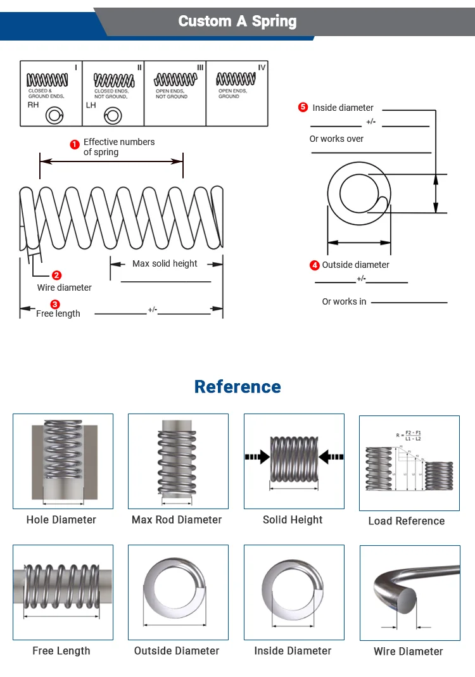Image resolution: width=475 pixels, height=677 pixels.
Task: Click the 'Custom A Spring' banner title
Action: (237, 21)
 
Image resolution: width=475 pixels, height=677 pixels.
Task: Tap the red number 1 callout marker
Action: (75, 144)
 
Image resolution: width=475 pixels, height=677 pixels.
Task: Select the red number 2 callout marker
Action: (57, 275)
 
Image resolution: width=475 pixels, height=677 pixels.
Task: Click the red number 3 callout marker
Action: (55, 305)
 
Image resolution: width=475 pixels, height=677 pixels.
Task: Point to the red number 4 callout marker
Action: (315, 265)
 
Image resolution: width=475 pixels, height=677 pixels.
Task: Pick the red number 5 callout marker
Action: (303, 108)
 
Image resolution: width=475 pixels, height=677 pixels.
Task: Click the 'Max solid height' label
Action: (165, 263)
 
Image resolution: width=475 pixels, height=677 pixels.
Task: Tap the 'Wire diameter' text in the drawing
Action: (64, 288)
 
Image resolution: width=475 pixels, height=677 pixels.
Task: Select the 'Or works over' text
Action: (336, 139)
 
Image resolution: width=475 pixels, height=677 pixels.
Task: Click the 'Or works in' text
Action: (344, 301)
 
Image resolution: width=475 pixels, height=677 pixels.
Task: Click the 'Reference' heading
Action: (237, 386)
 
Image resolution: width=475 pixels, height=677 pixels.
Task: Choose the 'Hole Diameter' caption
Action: (61, 519)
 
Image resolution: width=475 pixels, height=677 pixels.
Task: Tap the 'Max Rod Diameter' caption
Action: (177, 519)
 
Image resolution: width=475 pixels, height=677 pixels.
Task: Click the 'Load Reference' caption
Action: (407, 521)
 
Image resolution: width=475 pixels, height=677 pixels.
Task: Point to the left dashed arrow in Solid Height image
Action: (256, 456)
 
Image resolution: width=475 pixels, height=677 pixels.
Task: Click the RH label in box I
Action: (33, 104)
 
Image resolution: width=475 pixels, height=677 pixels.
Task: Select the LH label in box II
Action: (91, 104)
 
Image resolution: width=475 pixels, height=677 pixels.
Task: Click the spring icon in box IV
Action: (236, 79)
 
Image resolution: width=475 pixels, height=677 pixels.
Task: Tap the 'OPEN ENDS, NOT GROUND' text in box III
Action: (172, 94)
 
